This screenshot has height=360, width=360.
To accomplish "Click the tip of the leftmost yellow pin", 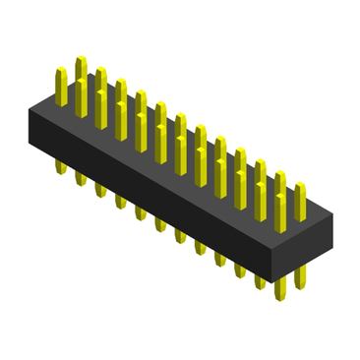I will [60, 71].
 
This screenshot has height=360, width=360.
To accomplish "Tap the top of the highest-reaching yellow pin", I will [81, 60].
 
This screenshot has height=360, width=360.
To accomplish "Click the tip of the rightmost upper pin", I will [300, 187].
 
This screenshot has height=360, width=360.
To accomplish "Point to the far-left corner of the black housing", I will [30, 105].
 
